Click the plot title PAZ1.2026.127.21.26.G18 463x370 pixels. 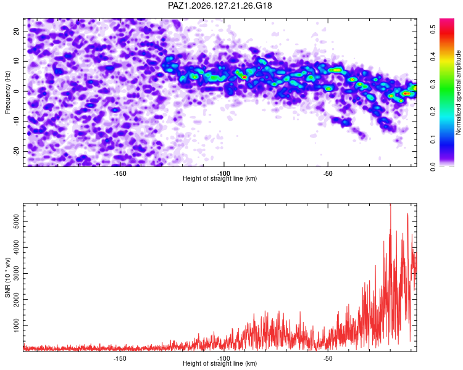point(220,6)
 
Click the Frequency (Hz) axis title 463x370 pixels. point(7,92)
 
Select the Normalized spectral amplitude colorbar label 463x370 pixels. point(458,92)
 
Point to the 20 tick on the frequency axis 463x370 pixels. point(16,31)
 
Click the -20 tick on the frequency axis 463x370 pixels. point(16,151)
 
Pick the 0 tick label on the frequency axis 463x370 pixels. point(16,91)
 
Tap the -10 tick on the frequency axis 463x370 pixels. point(16,121)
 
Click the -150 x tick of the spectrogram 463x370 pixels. point(120,173)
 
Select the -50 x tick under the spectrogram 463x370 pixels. point(328,173)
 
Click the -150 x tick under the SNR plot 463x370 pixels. point(120,358)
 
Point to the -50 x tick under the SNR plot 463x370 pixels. point(328,358)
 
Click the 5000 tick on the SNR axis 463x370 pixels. point(16,221)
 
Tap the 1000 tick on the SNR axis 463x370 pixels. point(16,326)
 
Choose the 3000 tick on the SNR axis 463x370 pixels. point(16,274)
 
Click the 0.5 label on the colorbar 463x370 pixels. point(433,29)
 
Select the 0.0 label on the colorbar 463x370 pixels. point(433,166)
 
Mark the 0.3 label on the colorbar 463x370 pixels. point(433,84)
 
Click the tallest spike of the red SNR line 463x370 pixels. point(391,204)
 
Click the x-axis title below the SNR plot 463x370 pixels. point(220,363)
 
